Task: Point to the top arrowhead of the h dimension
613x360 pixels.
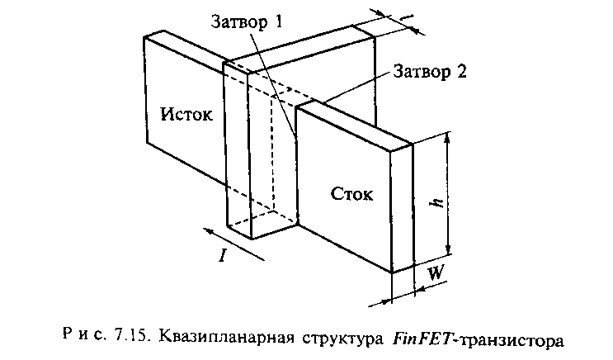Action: click(x=448, y=143)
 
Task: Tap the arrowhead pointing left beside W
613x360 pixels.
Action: click(x=417, y=291)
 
